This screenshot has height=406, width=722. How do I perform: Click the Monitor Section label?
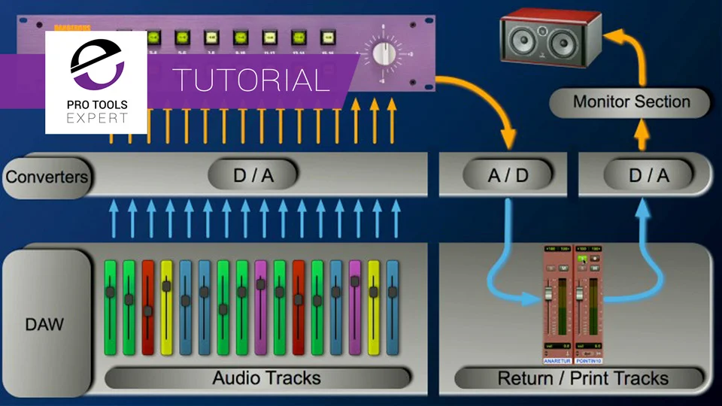(x=631, y=101)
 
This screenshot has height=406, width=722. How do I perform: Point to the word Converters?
(x=47, y=177)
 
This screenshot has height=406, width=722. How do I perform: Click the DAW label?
(x=45, y=325)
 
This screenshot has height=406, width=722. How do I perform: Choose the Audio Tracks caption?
(x=266, y=377)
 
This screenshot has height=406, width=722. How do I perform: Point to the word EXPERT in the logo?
(x=96, y=118)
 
